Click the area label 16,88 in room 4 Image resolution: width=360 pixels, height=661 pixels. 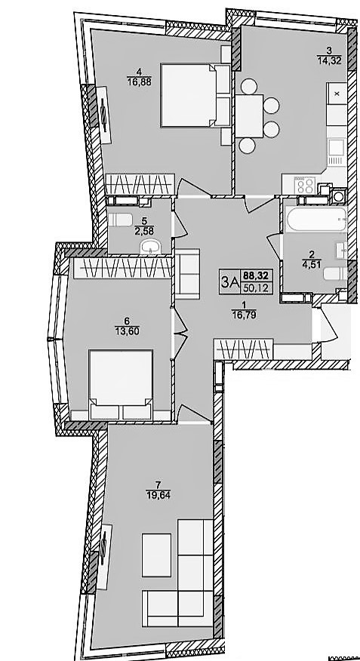coord(139,81)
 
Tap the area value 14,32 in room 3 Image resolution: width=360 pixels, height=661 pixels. coord(329,60)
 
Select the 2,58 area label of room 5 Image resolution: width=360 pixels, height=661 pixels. coord(143,231)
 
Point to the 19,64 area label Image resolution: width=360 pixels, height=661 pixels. coord(156,494)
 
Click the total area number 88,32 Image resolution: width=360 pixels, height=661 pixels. coord(256,275)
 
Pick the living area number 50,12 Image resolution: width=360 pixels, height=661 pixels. coord(256,287)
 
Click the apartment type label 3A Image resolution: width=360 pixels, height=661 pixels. coord(229,282)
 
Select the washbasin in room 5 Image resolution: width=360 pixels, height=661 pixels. coord(150,247)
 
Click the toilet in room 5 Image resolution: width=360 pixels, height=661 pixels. coord(121,220)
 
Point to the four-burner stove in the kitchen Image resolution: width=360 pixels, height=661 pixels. coord(303,185)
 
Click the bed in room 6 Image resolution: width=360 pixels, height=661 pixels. coord(121,385)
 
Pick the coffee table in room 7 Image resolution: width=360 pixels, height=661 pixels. coord(156,555)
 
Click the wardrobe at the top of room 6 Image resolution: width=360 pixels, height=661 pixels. coord(122,269)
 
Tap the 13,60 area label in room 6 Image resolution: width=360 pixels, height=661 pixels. coord(127,330)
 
